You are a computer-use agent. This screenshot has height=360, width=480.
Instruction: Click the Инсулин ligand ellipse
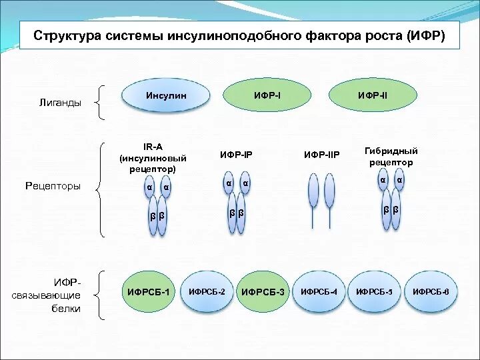pos(167,97)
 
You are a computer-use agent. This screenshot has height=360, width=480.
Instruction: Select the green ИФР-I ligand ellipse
pos(267,96)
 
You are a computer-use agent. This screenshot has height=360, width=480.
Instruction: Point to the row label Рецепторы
pos(53,187)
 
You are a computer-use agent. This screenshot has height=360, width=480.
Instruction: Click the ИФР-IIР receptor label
pos(322,155)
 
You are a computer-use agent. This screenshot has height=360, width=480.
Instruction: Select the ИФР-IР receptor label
pos(237,155)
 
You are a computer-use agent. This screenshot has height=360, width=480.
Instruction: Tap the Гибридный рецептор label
pos(389,157)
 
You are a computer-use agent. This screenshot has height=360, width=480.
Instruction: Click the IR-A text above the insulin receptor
pos(153,147)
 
